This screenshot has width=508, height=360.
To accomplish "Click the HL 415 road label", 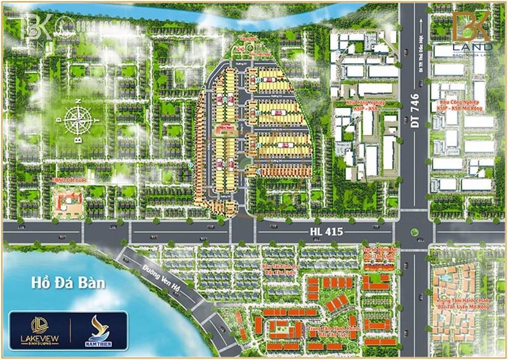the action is tap(326, 232).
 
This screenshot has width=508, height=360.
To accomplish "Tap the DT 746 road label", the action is tap(415, 111).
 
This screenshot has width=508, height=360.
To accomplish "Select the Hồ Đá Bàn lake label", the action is tap(68, 282).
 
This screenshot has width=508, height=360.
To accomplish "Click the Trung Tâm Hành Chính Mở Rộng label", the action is tap(459, 304).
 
